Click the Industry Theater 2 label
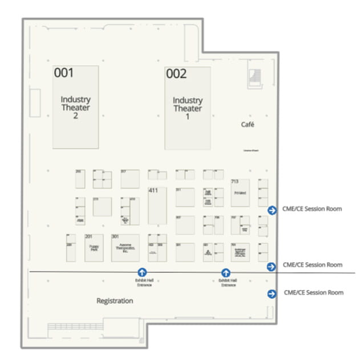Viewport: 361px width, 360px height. click(75, 107)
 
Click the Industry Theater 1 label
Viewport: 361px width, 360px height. click(188, 108)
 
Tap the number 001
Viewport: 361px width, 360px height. click(64, 73)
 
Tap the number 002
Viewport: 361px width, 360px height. click(176, 73)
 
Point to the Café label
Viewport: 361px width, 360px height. click(248, 124)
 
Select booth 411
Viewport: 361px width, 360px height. click(157, 205)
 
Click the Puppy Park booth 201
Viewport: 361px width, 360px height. click(94, 247)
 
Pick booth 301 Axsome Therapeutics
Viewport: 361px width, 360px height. click(125, 247)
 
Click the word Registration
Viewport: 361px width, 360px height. click(115, 301)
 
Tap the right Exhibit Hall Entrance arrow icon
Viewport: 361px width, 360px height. click(226, 273)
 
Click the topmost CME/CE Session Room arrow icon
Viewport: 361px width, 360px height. click(272, 210)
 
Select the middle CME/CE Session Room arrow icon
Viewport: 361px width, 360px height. click(272, 266)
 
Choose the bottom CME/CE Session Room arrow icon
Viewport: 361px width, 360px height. click(272, 293)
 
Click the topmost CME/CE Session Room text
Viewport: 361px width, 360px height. click(312, 209)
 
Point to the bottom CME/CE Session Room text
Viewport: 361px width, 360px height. click(313, 293)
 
